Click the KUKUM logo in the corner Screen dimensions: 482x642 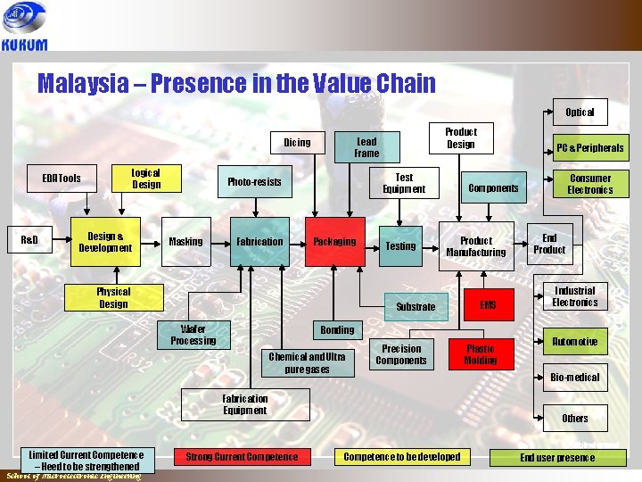tap(25, 27)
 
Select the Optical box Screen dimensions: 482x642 tap(580, 112)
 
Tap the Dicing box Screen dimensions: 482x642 tap(297, 143)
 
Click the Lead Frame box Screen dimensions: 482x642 tap(366, 147)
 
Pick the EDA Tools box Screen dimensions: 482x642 tap(62, 178)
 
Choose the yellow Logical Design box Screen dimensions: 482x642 tap(145, 179)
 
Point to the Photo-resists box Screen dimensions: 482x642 tap(254, 182)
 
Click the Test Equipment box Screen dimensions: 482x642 tap(404, 183)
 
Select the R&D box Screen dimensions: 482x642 tap(29, 241)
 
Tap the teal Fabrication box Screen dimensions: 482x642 tap(259, 242)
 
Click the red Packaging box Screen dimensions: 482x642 tap(334, 242)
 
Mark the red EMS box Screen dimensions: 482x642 tap(488, 305)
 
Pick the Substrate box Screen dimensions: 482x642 tap(416, 306)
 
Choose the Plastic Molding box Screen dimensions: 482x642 tap(480, 354)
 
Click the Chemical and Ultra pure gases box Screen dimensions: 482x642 tap(307, 362)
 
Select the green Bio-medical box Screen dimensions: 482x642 tap(575, 378)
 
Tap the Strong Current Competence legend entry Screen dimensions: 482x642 tap(242, 457)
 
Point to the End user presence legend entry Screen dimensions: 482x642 tap(557, 458)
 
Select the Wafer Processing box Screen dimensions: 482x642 tap(193, 335)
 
